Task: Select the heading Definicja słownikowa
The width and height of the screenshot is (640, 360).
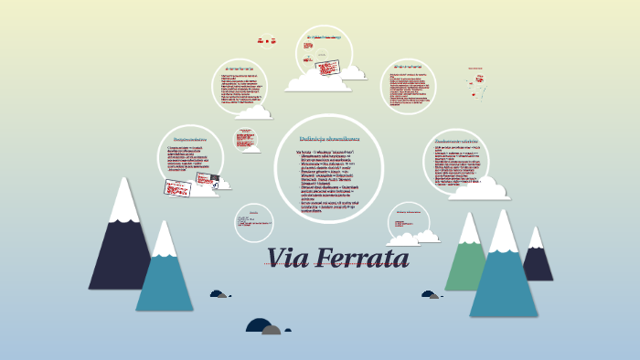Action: (329, 138)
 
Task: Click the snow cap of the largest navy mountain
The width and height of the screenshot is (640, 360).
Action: (123, 201)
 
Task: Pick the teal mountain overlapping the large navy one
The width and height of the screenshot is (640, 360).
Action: (165, 274)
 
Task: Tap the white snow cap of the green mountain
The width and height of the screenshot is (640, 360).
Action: (470, 228)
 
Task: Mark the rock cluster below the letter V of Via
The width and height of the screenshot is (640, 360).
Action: (219, 294)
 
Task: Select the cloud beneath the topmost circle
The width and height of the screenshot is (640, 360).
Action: (316, 82)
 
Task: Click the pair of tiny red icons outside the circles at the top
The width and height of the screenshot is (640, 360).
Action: (266, 40)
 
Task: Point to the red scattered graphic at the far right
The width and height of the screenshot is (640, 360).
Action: (475, 82)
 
